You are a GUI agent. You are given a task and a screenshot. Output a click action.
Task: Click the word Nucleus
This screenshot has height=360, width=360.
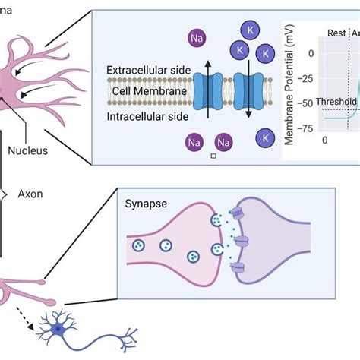click(x=27, y=150)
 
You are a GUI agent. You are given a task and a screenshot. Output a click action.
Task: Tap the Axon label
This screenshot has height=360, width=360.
click(x=30, y=194)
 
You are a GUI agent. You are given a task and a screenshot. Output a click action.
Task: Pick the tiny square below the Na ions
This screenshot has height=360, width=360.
click(x=214, y=156)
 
